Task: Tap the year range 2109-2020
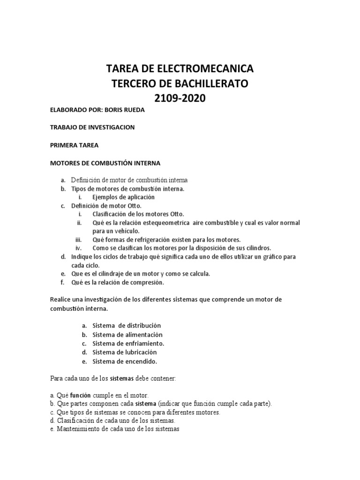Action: click(x=180, y=99)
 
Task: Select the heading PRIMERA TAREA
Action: click(x=74, y=145)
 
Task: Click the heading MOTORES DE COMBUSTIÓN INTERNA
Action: click(x=105, y=163)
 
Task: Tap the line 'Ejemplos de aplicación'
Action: click(x=123, y=197)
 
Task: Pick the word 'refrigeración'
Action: click(x=156, y=240)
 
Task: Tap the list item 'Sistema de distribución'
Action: click(x=127, y=325)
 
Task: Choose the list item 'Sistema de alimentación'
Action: click(x=127, y=335)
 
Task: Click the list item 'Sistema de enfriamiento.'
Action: click(x=128, y=344)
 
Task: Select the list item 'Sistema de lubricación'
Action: click(x=124, y=352)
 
